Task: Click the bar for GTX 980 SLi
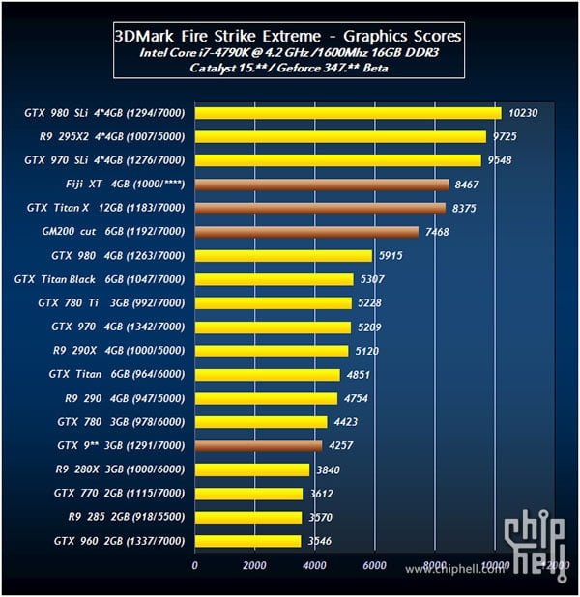click(348, 113)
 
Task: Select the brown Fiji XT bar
click(322, 184)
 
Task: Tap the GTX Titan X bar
click(320, 208)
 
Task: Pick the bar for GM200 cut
click(306, 232)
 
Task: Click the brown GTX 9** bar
click(258, 446)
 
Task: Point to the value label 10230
click(523, 113)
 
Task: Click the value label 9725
click(506, 137)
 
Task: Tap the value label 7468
click(438, 232)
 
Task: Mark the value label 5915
click(391, 256)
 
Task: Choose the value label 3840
click(330, 470)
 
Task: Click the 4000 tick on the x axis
click(314, 565)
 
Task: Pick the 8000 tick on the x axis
click(434, 565)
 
